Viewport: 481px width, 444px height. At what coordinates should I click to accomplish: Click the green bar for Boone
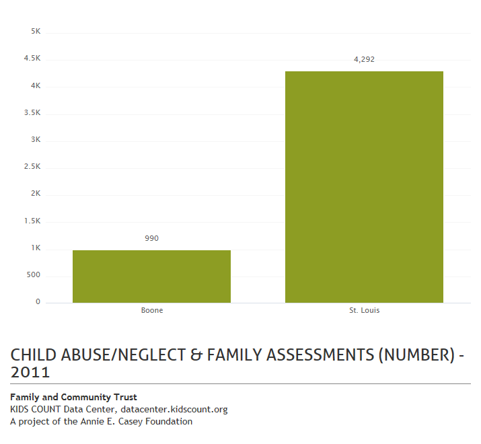point(151,276)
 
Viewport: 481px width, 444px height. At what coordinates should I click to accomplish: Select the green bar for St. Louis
point(364,187)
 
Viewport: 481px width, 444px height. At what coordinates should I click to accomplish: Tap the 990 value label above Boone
point(151,238)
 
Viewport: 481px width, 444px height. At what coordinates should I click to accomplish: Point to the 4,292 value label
point(364,59)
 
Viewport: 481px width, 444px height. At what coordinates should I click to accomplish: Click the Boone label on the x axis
point(152,311)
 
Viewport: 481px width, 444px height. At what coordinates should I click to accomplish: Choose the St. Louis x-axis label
point(364,311)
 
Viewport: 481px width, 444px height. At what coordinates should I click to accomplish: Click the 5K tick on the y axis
point(36,32)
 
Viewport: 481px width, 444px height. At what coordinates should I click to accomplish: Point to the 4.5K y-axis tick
point(32,59)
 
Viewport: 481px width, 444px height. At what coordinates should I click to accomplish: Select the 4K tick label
point(36,86)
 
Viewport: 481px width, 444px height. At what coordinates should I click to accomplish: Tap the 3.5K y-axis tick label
point(32,113)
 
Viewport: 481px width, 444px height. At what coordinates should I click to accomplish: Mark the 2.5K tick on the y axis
point(32,167)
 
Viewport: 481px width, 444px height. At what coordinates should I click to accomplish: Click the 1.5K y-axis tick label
point(32,221)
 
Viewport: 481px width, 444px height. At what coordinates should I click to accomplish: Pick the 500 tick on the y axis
point(34,275)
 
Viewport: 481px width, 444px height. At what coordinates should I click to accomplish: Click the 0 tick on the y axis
point(38,302)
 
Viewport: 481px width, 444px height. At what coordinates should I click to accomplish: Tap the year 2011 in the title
point(30,372)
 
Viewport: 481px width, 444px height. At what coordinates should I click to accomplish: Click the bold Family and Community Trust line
point(73,398)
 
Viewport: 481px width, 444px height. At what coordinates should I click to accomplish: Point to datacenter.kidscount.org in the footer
point(174,410)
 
